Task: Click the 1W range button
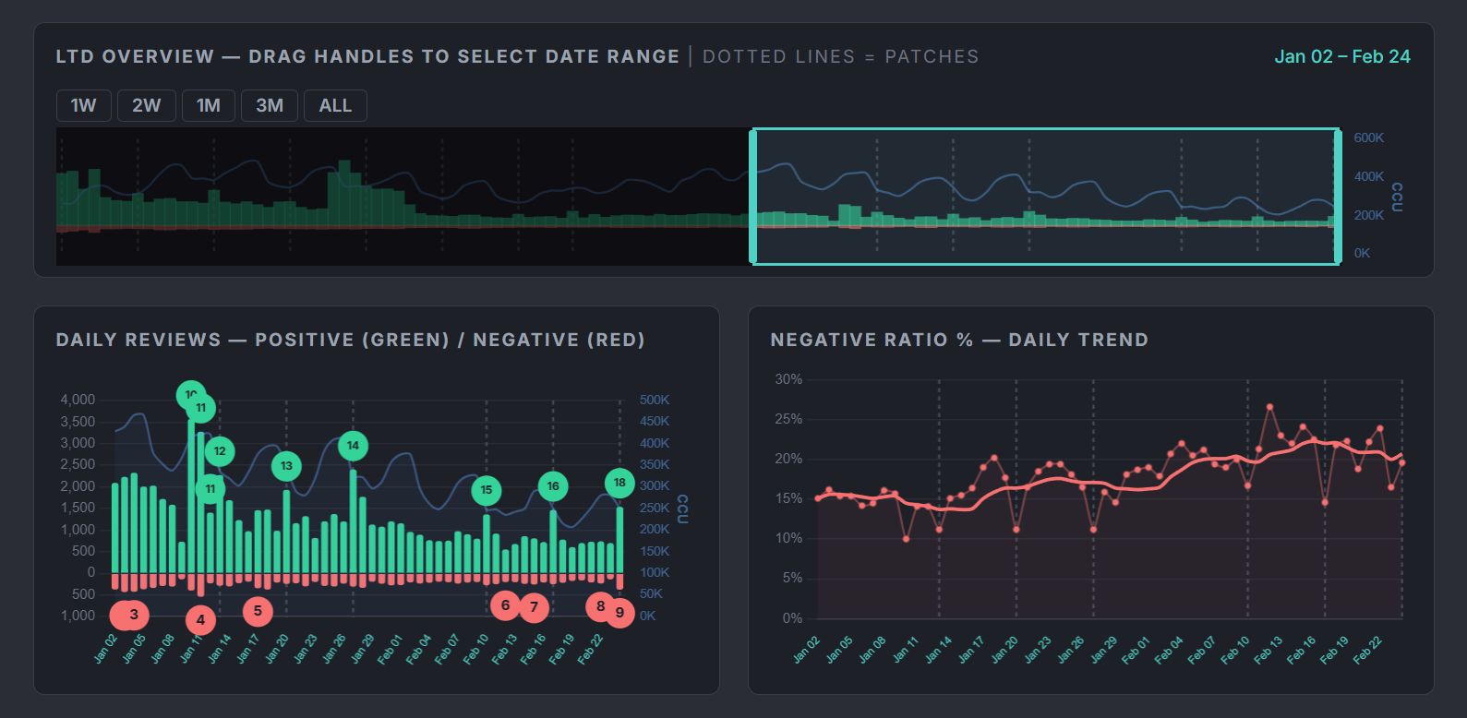(x=83, y=106)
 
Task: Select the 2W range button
(x=146, y=106)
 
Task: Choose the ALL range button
(x=335, y=106)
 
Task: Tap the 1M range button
(x=208, y=106)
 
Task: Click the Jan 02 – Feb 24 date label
(x=1341, y=56)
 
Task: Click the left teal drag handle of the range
(x=753, y=197)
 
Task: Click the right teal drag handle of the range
(x=1338, y=197)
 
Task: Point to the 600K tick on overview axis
(x=1368, y=138)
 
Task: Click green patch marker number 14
(x=353, y=446)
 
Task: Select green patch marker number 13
(x=286, y=466)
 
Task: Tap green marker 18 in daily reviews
(x=619, y=483)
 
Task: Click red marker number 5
(x=258, y=610)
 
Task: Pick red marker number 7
(x=534, y=607)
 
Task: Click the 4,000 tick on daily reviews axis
(x=78, y=400)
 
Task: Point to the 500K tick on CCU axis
(x=654, y=400)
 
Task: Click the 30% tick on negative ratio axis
(x=788, y=379)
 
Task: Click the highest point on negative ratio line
(x=1270, y=406)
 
